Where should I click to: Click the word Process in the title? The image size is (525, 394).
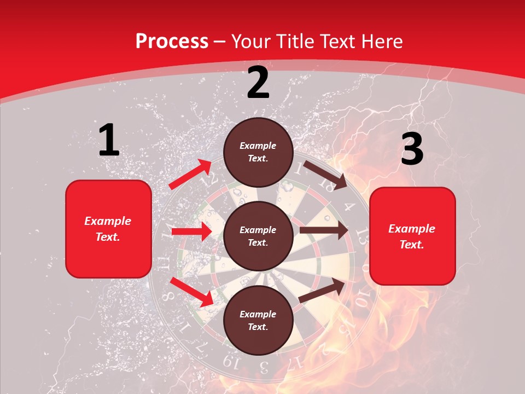click(x=172, y=41)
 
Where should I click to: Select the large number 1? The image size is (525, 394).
click(x=109, y=141)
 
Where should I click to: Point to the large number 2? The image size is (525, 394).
click(x=258, y=83)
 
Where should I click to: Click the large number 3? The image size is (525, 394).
click(x=412, y=149)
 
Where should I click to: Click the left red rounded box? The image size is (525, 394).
click(x=108, y=229)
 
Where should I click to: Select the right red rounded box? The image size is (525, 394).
click(x=412, y=236)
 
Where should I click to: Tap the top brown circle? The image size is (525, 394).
click(x=258, y=152)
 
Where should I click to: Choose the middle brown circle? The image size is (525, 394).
click(x=258, y=236)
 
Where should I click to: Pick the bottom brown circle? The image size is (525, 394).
click(x=258, y=320)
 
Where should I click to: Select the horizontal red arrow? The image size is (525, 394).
click(x=191, y=231)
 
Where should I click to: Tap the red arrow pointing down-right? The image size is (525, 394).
click(x=191, y=292)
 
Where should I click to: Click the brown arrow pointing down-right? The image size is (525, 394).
click(x=325, y=175)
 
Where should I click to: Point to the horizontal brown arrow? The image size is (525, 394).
click(x=324, y=230)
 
